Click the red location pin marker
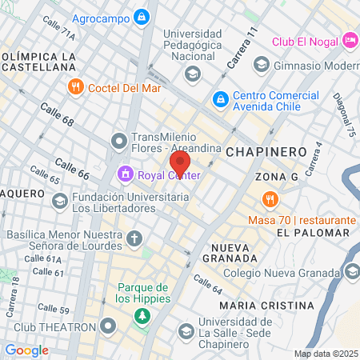179,164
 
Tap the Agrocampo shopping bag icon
142,16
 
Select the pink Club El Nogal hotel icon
349,40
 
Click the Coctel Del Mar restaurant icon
77,86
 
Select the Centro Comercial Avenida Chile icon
218,99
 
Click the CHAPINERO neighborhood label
266,151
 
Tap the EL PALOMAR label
313,233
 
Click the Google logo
26,350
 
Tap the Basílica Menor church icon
134,238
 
